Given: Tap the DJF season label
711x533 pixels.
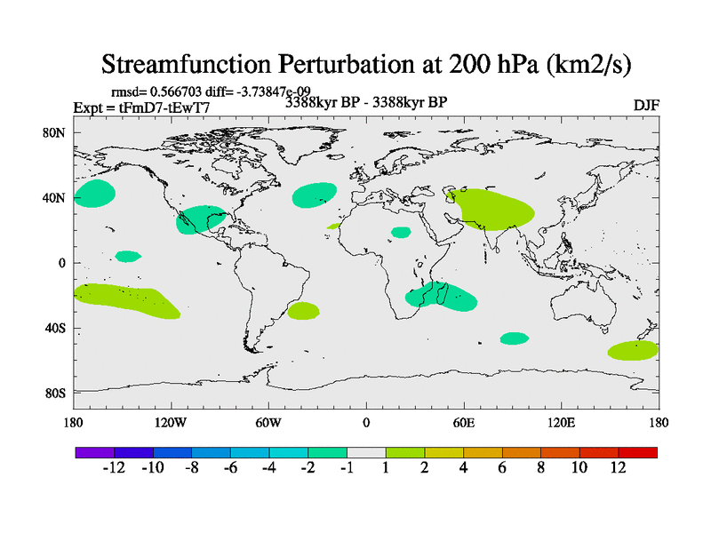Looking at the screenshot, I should (645, 105).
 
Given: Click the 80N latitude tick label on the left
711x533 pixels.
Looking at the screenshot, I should (54, 132).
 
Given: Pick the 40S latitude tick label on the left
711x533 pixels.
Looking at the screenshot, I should (54, 328).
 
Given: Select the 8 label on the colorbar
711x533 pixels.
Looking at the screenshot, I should (540, 469).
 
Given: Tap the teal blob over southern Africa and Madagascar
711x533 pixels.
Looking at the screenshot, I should (440, 297).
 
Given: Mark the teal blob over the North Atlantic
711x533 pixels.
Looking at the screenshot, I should (315, 195).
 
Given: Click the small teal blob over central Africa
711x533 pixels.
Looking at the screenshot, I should (401, 233).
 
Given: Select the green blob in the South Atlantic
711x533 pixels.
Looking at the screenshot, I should (303, 311).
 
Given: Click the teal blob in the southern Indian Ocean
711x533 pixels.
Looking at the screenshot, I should (514, 338).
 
